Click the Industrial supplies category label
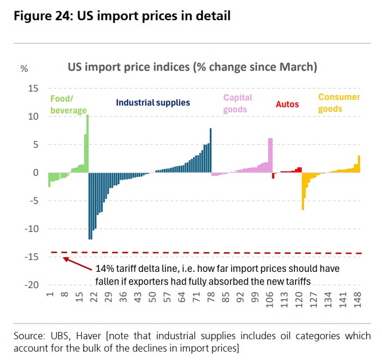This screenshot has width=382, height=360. [x=153, y=103]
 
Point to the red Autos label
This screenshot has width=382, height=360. [x=287, y=104]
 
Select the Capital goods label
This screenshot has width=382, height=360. [x=238, y=103]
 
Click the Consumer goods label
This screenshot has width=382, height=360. [x=339, y=102]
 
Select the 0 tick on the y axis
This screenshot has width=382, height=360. [x=35, y=172]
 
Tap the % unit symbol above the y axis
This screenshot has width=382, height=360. [x=24, y=69]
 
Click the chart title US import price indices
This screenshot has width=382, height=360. [x=192, y=67]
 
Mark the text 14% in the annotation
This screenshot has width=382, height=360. [x=105, y=268]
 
